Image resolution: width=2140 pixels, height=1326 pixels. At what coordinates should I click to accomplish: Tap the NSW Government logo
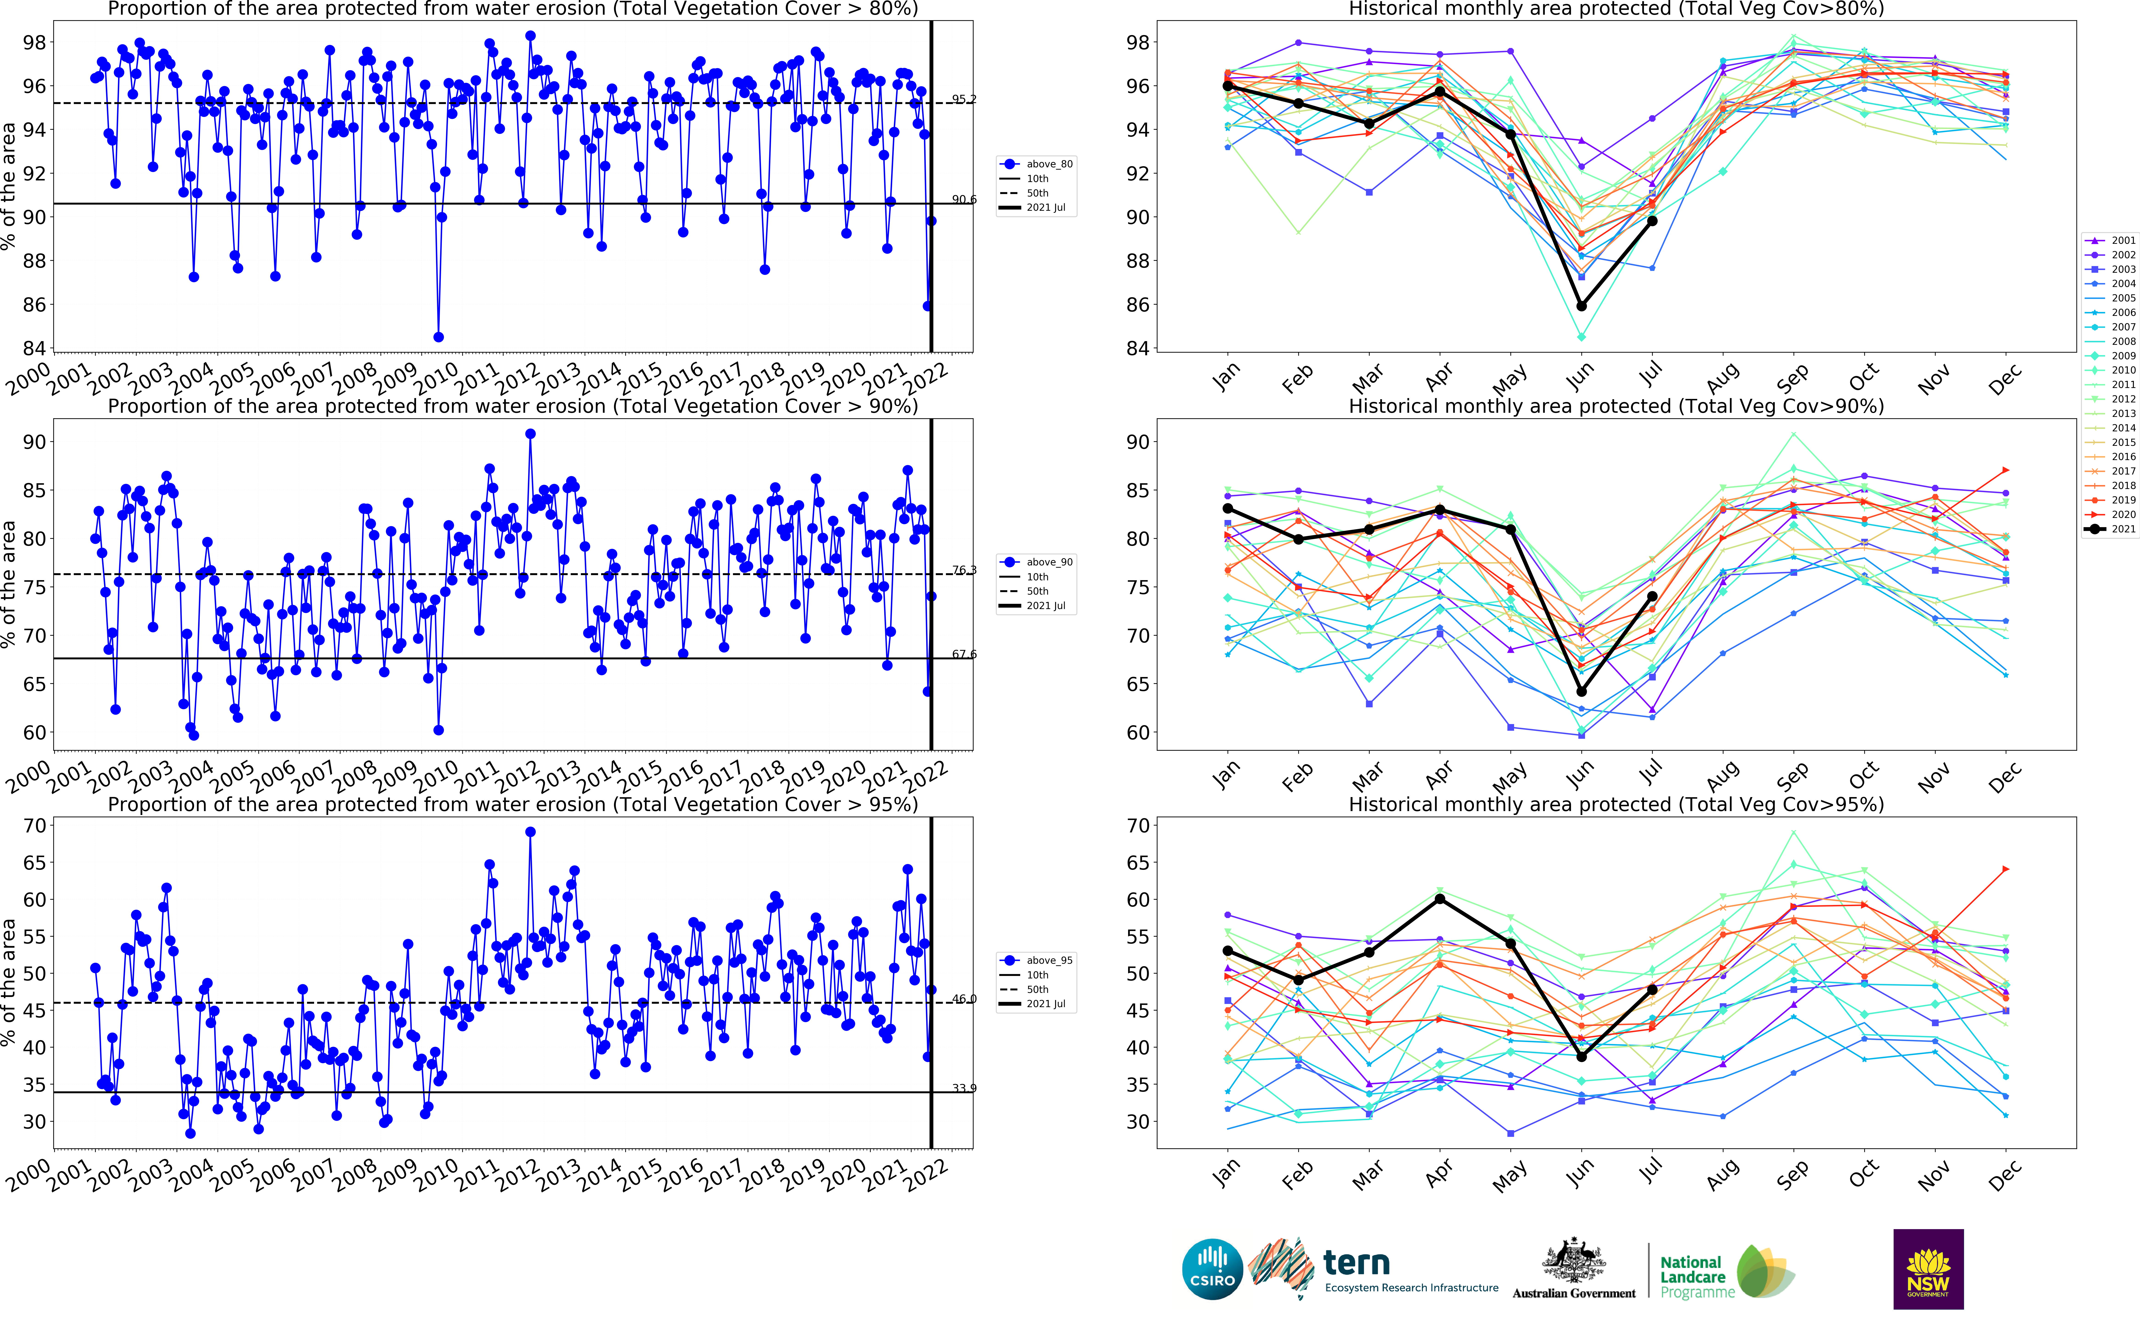coord(1928,1269)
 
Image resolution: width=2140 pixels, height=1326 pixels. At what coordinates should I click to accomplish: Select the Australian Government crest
coord(1573,1263)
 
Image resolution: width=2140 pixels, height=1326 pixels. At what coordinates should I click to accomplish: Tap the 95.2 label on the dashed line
coord(964,99)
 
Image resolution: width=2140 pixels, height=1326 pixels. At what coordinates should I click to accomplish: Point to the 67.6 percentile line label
coord(964,654)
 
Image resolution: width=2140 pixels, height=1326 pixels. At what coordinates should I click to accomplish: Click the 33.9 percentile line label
coord(964,1088)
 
